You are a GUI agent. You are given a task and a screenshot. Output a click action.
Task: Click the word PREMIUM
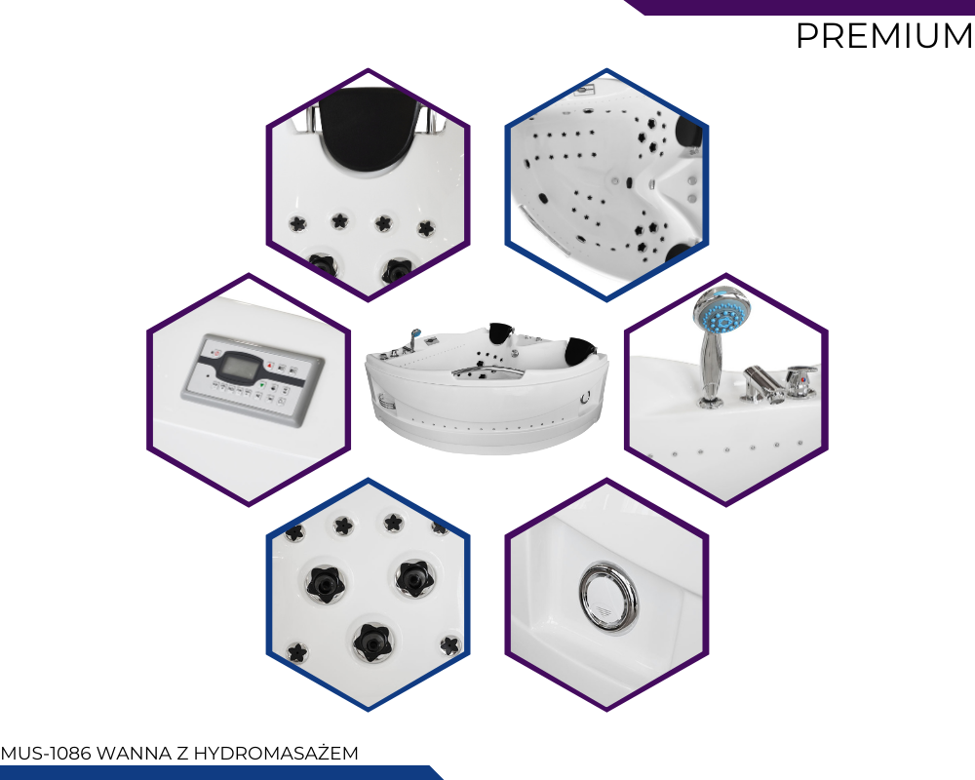coord(884,36)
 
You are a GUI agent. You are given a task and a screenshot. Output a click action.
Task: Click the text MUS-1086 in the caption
coord(46,754)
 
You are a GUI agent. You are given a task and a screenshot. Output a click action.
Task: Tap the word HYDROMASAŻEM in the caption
coord(276,754)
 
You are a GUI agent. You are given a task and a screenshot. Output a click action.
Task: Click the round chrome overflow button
coord(608,599)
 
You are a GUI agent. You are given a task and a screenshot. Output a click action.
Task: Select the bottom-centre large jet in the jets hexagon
coord(371,642)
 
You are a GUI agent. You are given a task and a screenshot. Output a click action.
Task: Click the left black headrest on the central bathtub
coord(501,332)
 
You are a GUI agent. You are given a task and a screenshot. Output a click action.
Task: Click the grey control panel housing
coord(253,380)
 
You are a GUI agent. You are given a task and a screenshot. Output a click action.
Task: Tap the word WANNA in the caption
coord(135,754)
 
